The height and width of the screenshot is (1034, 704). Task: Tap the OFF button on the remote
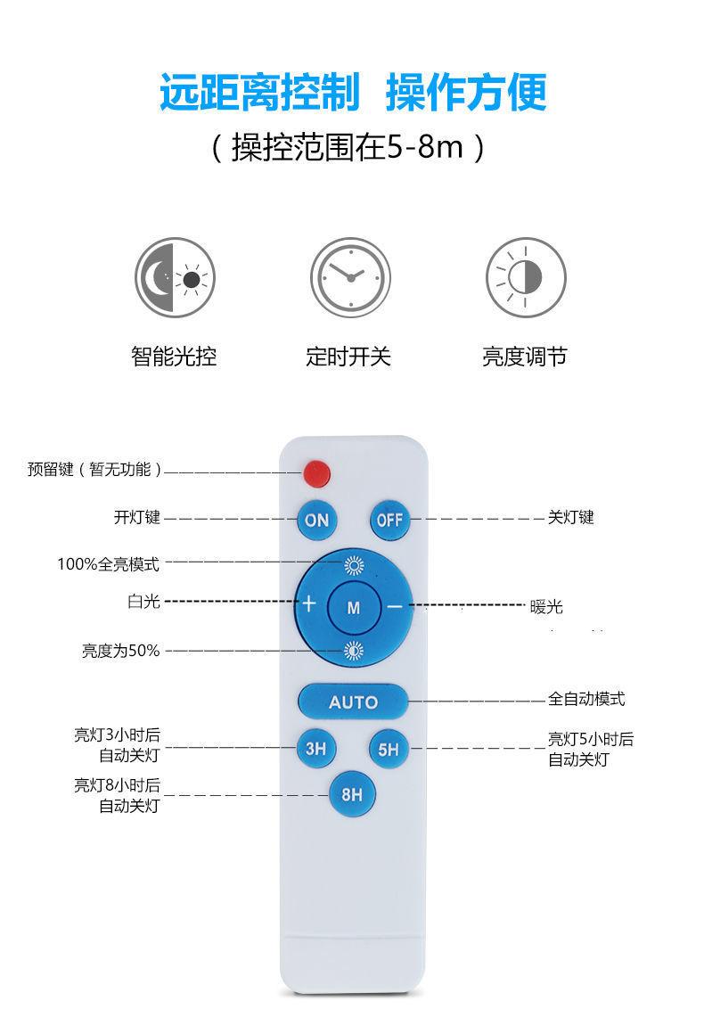(389, 520)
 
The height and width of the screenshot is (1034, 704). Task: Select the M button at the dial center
(354, 608)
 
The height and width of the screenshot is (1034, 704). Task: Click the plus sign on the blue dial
(309, 603)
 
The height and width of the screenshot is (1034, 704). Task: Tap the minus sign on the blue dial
(395, 606)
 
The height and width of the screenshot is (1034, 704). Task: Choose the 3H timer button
(315, 749)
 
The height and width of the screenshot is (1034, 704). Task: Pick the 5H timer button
(389, 750)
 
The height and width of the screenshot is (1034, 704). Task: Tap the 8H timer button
(352, 792)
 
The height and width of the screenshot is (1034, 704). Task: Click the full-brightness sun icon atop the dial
(354, 564)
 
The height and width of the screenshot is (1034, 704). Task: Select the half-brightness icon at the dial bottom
(354, 651)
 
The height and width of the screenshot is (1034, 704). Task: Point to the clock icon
(350, 277)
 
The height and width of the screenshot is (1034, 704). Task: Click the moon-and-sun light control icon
(176, 277)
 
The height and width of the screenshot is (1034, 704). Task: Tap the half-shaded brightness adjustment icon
(526, 277)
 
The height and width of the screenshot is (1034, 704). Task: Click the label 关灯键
(570, 518)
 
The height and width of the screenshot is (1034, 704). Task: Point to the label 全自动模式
(586, 700)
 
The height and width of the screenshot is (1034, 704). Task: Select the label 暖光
(546, 607)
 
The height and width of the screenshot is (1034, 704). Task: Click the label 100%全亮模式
(109, 564)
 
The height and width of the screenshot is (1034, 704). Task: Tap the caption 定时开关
(348, 357)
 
